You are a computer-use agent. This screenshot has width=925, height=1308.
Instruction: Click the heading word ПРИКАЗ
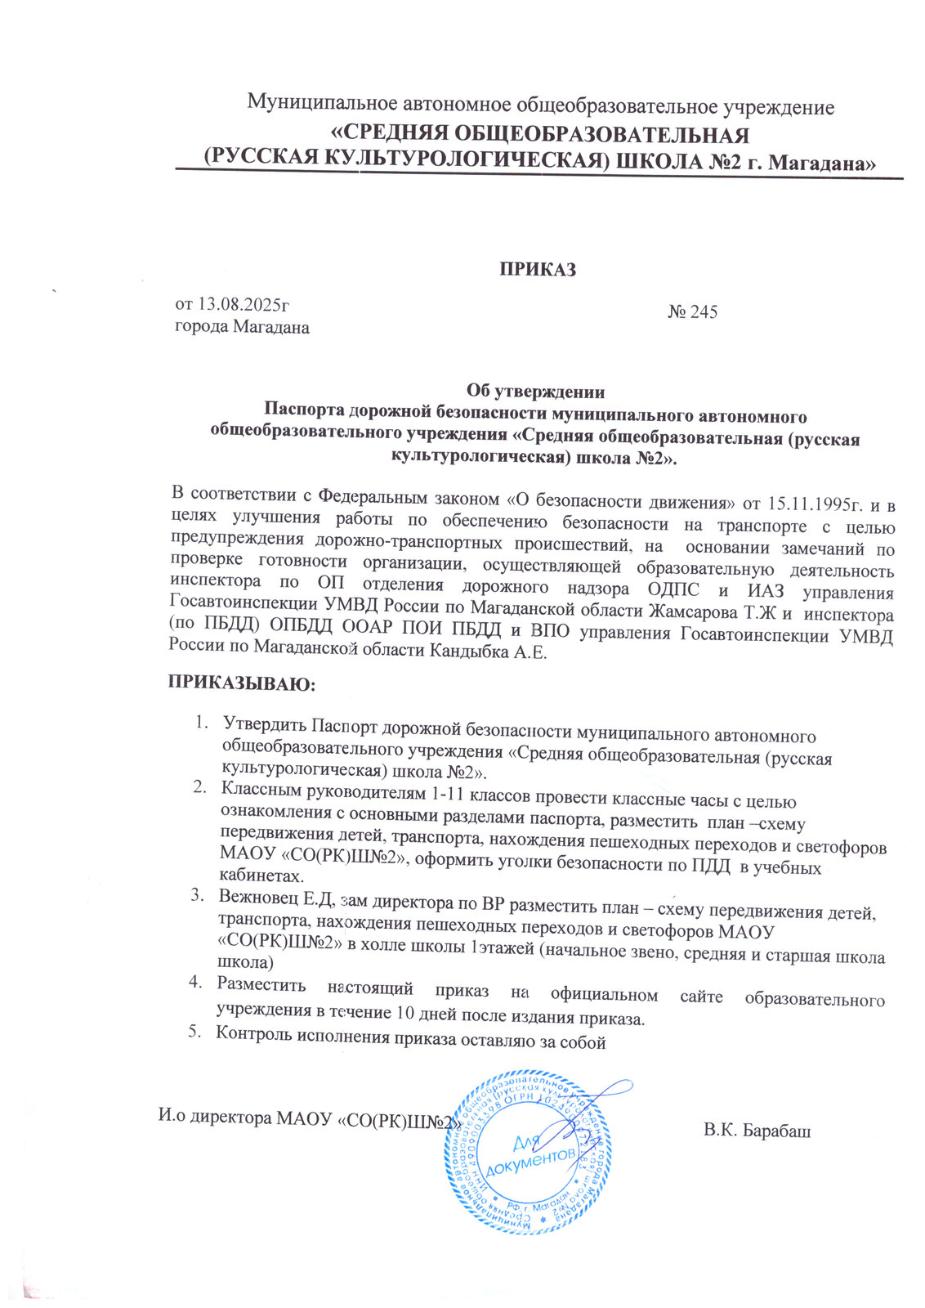point(538,269)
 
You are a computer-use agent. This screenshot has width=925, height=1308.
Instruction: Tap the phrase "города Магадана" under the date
point(243,327)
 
